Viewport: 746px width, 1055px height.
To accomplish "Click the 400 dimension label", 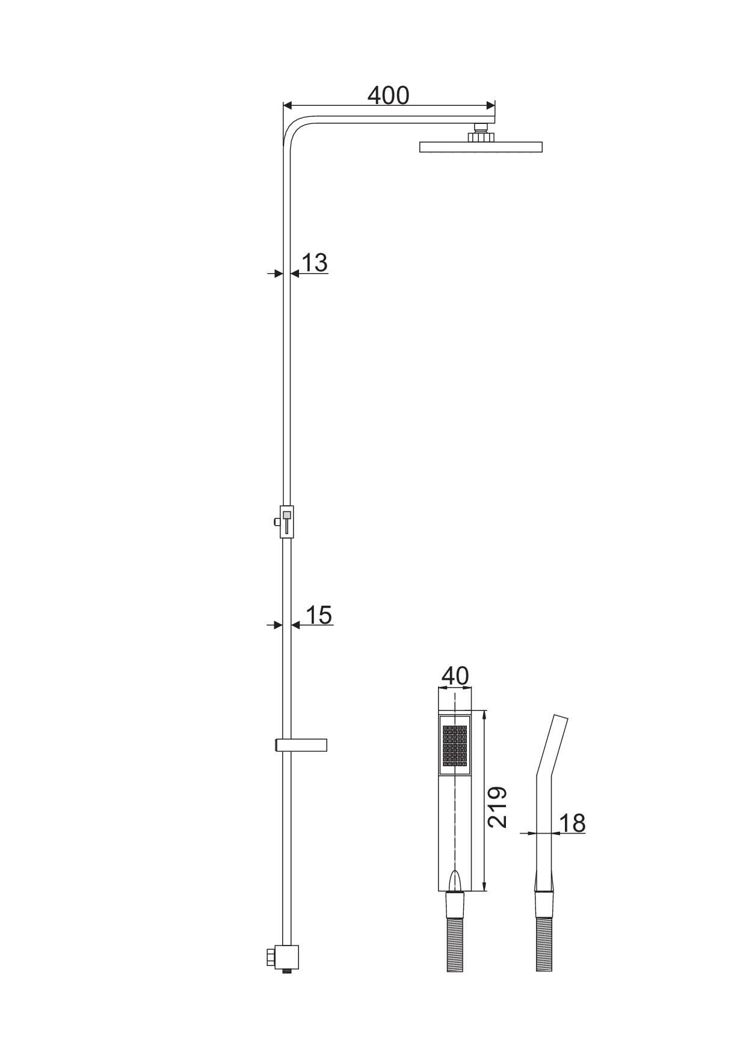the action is (x=388, y=96).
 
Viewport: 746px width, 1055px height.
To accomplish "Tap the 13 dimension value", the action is (x=314, y=262).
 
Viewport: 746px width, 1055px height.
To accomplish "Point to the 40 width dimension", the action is (x=455, y=676).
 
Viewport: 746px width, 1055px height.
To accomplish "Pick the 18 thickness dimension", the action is (x=572, y=823).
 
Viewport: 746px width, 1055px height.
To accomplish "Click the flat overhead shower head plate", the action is (x=481, y=147).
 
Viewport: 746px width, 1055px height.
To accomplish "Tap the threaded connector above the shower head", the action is (x=481, y=132).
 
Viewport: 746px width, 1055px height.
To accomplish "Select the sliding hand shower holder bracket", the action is (x=301, y=745).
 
